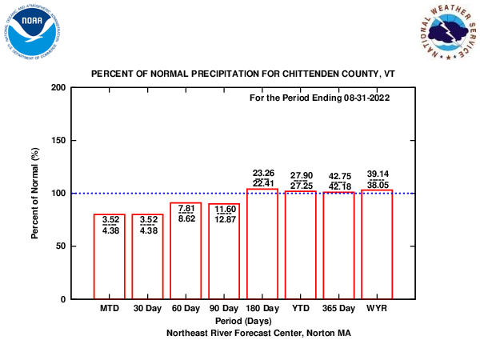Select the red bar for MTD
tap(110, 256)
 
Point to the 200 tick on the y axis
tap(58, 87)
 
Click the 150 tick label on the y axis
tap(58, 140)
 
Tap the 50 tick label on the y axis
tap(60, 246)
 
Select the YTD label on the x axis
tap(301, 308)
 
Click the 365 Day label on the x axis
tap(338, 308)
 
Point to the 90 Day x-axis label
tap(224, 308)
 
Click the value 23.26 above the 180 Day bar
tap(262, 173)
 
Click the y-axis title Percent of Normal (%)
tap(35, 193)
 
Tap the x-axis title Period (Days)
tap(243, 320)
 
